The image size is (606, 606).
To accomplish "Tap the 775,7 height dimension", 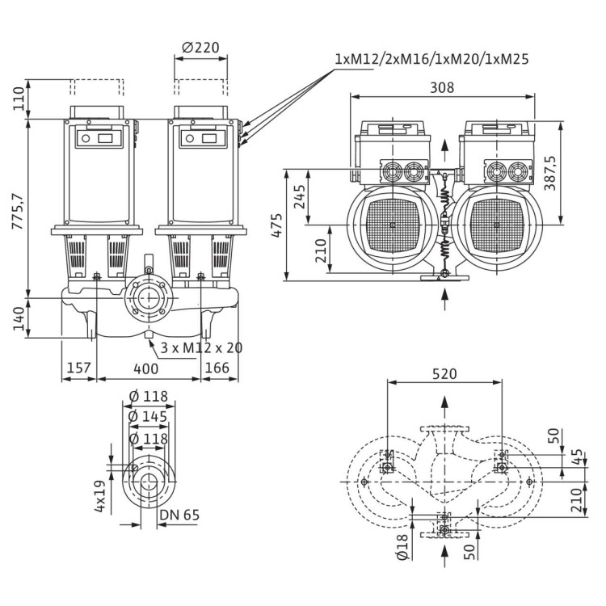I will tap(17, 207).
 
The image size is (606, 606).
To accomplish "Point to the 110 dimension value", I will tap(17, 99).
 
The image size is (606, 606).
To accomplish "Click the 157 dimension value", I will tap(78, 368).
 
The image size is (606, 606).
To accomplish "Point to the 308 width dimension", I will tap(442, 87).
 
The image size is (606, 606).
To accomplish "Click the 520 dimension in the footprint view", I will tap(444, 374).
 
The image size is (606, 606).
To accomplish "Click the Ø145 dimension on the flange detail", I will tap(148, 416).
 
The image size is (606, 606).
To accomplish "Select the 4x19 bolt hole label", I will tap(99, 497).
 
